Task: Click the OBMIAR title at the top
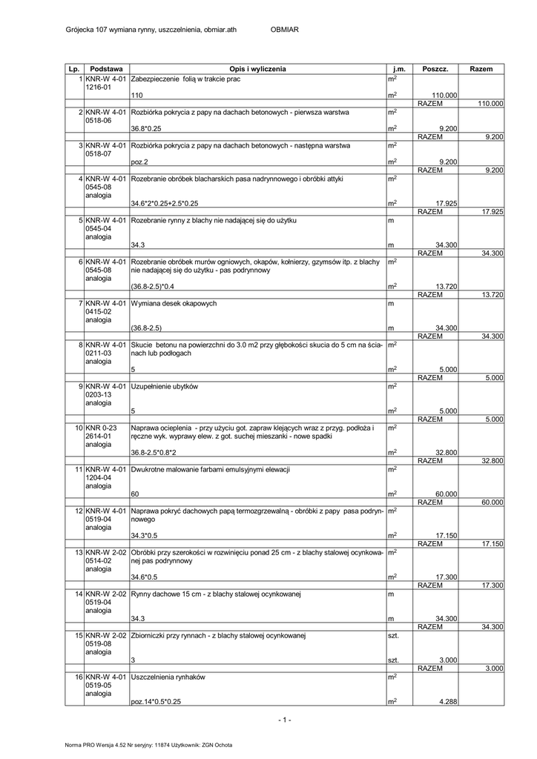coord(284,30)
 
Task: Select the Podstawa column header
coord(106,69)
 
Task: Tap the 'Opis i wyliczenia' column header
coord(257,69)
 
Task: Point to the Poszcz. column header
coord(435,69)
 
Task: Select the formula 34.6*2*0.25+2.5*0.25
coord(165,203)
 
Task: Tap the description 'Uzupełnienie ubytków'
coord(165,386)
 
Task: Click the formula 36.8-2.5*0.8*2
coord(156,453)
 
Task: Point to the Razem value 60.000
coord(491,503)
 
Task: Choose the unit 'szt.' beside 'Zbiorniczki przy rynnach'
coord(393,636)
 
